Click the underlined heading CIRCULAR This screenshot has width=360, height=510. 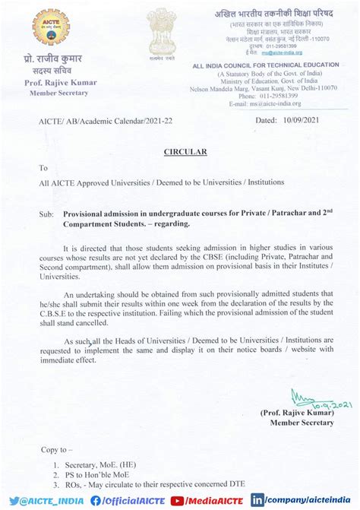(x=185, y=152)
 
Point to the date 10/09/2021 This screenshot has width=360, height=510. (x=300, y=120)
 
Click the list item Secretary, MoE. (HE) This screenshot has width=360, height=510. (x=103, y=464)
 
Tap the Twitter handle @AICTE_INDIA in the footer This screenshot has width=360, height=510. (x=44, y=500)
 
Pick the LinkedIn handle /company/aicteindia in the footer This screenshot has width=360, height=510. (x=304, y=500)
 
